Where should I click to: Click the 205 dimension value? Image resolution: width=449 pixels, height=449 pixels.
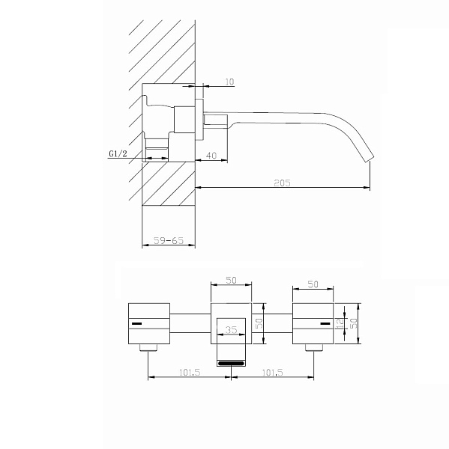click(282, 183)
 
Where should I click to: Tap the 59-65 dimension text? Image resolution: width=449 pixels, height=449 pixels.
click(169, 240)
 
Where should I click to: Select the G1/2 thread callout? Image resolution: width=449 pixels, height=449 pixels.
click(118, 153)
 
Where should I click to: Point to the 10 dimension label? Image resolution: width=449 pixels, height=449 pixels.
click(229, 82)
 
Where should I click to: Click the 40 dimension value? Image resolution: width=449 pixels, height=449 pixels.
click(211, 156)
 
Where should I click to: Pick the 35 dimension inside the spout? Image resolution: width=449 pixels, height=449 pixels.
click(231, 330)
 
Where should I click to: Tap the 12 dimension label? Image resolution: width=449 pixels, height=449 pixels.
click(340, 323)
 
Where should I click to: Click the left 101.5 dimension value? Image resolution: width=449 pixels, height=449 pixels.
click(190, 372)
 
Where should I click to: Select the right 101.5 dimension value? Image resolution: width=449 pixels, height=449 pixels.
click(273, 372)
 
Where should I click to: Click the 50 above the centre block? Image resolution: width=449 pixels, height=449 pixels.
click(231, 280)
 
